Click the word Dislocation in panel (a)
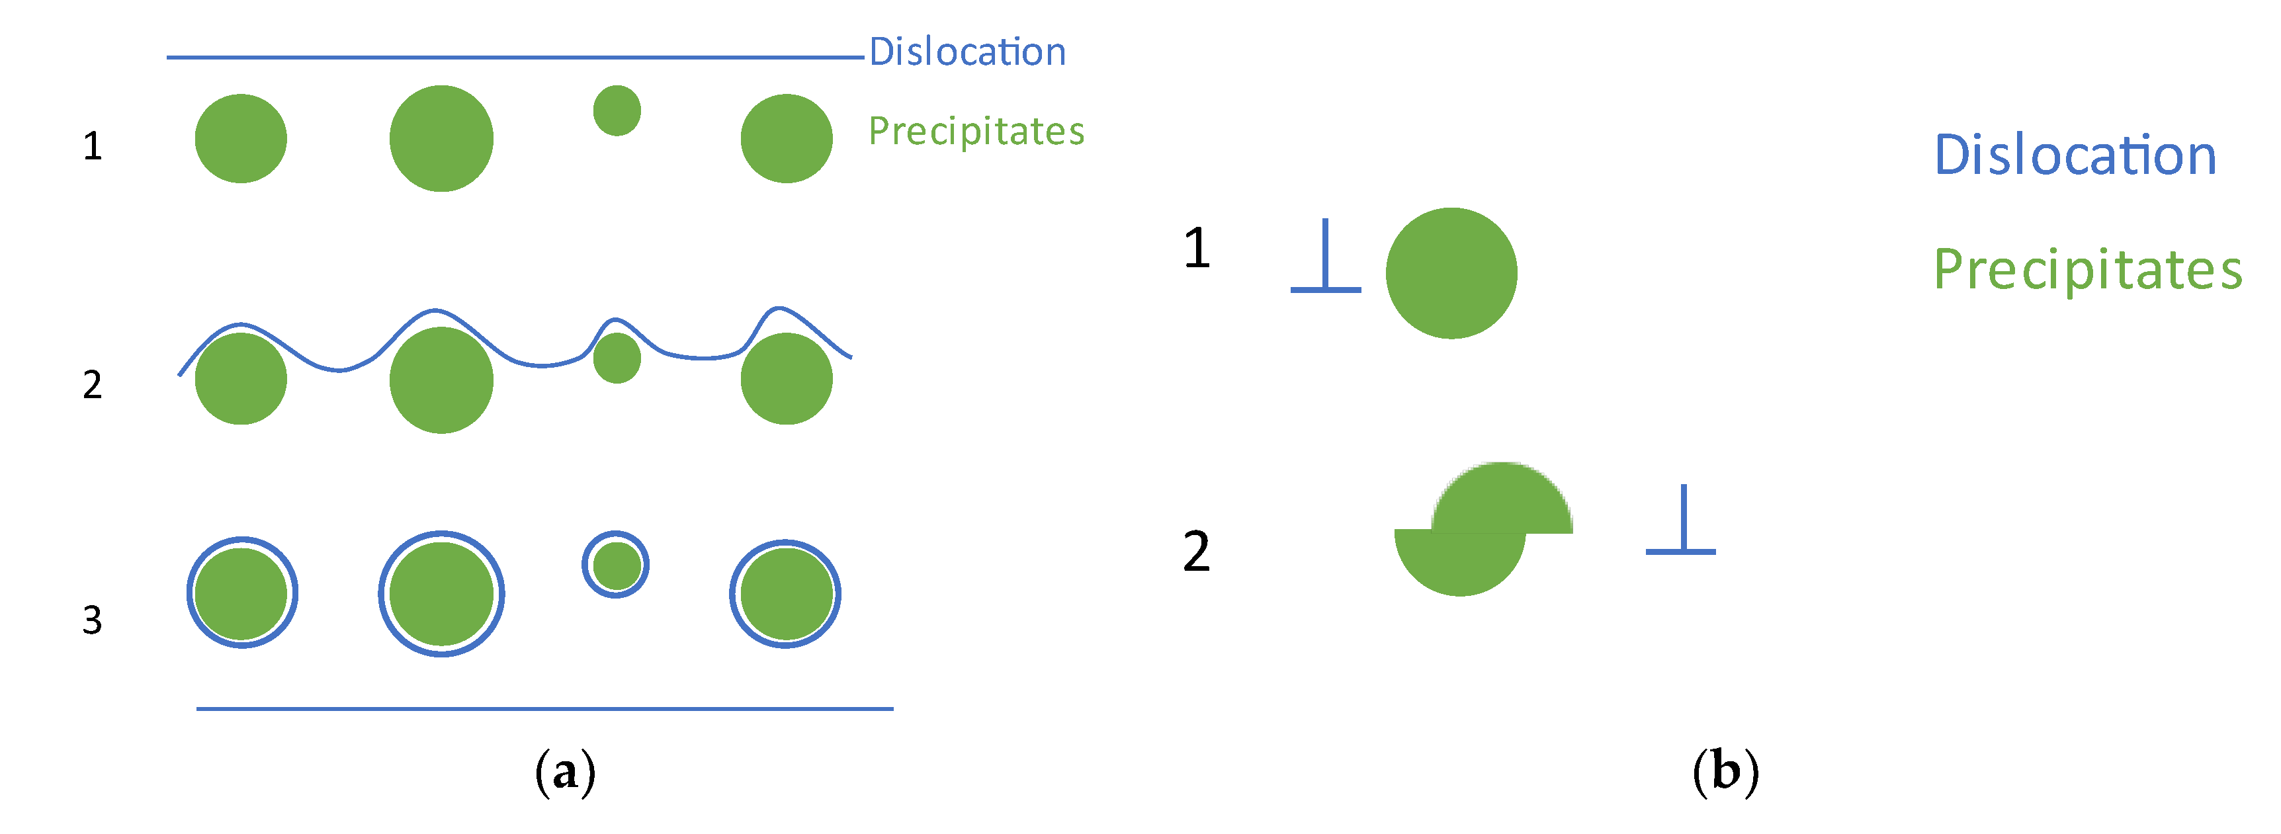click(967, 52)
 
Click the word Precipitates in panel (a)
click(976, 131)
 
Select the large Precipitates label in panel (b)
click(2087, 269)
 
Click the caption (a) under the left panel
click(565, 772)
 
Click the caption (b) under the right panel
click(1725, 772)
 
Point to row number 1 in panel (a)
click(92, 146)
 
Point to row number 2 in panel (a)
click(92, 385)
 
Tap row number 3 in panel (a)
click(92, 620)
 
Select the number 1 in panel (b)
click(1196, 248)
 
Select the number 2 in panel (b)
click(1196, 552)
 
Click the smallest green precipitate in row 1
click(617, 110)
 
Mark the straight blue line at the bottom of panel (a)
click(544, 709)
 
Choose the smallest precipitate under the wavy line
click(617, 358)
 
